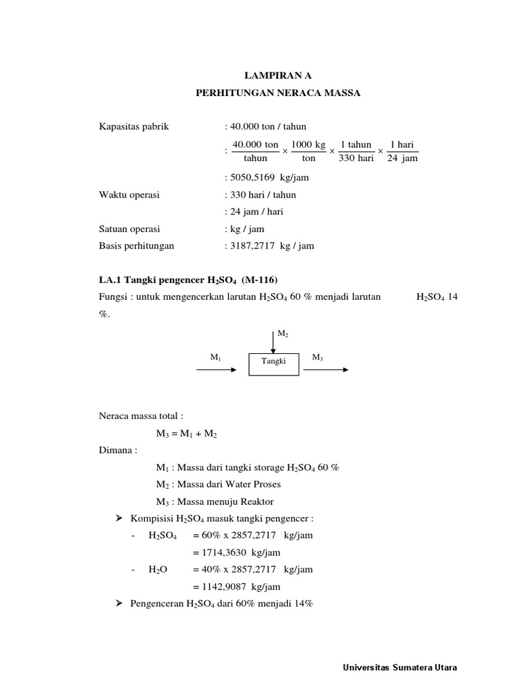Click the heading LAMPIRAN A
pos(274,76)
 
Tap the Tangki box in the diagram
pos(273,361)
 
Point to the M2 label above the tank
pos(283,334)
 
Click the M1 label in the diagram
pos(216,357)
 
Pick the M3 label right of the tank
pos(317,357)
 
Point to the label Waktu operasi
pos(129,195)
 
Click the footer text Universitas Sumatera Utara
pos(399,667)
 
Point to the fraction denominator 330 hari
pos(355,158)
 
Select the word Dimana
pos(117,451)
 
